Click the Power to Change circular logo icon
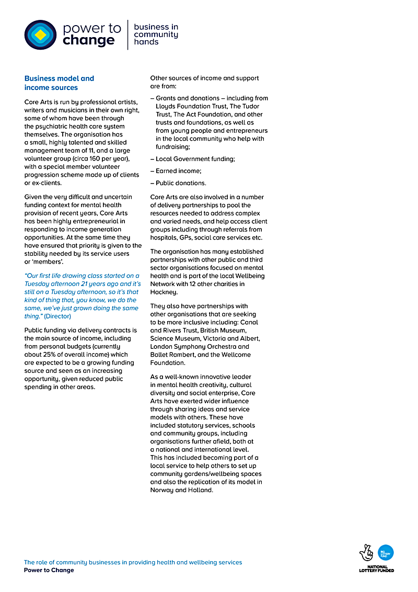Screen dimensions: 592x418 point(40,35)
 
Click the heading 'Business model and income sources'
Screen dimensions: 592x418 point(59,83)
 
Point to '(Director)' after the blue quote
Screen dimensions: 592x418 point(57,316)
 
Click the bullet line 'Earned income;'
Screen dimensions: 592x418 point(178,171)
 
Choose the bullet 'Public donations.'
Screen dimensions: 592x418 point(181,183)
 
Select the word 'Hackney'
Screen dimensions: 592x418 point(164,292)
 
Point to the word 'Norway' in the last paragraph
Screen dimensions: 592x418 point(162,490)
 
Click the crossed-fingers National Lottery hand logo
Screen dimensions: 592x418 point(366,553)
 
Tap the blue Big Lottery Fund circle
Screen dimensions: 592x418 point(386,552)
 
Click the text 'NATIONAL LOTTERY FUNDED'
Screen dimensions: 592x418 point(377,568)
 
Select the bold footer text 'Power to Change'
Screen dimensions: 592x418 point(49,570)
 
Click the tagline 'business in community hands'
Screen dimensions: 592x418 point(156,35)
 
